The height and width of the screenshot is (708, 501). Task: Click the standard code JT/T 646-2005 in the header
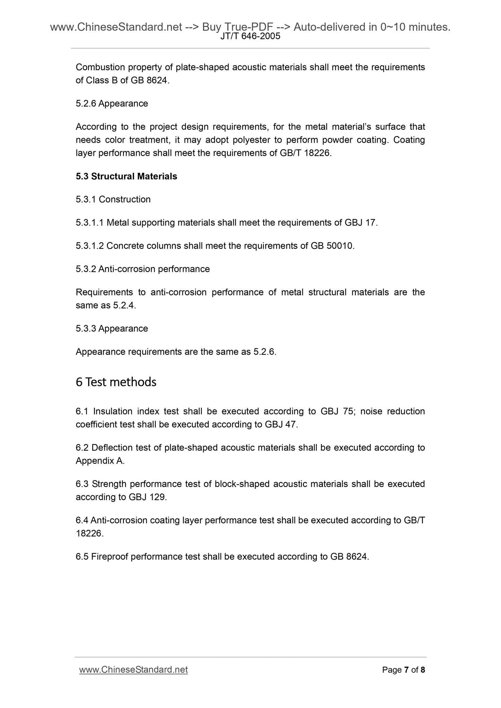[x=250, y=36]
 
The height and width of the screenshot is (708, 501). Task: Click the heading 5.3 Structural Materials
[x=126, y=176]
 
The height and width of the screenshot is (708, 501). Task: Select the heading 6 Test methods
[x=116, y=382]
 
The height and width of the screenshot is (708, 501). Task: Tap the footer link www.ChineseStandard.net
[x=133, y=670]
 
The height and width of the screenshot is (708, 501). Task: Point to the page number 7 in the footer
[x=406, y=670]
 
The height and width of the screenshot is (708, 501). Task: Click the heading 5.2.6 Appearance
[x=112, y=104]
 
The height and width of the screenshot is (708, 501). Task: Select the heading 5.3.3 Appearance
[x=112, y=328]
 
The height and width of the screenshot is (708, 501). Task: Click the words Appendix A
[x=99, y=461]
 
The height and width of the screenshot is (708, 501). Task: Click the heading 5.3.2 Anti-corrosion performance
[x=142, y=269]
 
